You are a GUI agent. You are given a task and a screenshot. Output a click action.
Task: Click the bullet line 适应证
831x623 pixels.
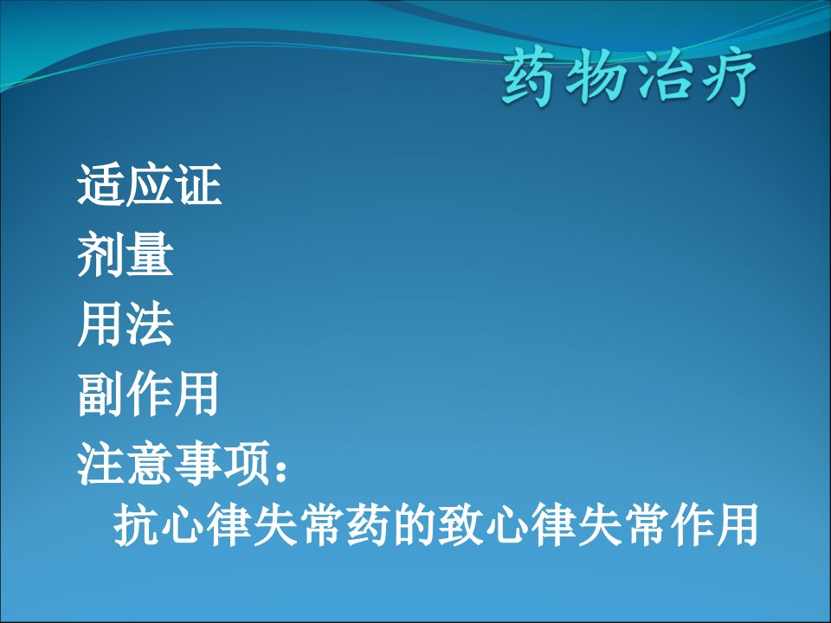(150, 184)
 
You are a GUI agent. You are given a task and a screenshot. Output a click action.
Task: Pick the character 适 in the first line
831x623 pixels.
(100, 184)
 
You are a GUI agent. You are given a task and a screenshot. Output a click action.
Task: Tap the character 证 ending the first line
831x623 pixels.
(198, 184)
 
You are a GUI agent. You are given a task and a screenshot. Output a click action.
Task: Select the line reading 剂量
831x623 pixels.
(126, 254)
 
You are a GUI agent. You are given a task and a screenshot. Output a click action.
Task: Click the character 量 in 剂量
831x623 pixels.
(151, 254)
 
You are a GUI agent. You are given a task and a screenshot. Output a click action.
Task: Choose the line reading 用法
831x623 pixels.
(126, 324)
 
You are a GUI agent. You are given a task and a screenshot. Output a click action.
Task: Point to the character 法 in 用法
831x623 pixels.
(151, 324)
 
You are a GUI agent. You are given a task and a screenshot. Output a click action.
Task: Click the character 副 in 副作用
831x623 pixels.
(100, 395)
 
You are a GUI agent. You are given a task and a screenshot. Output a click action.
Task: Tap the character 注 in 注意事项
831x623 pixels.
(100, 464)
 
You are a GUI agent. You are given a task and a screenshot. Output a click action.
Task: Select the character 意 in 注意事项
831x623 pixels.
(148, 464)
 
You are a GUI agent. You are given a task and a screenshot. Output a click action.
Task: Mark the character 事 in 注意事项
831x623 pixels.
(197, 464)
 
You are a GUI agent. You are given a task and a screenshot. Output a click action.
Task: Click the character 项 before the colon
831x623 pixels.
(246, 464)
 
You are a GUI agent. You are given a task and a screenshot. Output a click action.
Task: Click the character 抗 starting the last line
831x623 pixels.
(137, 525)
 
